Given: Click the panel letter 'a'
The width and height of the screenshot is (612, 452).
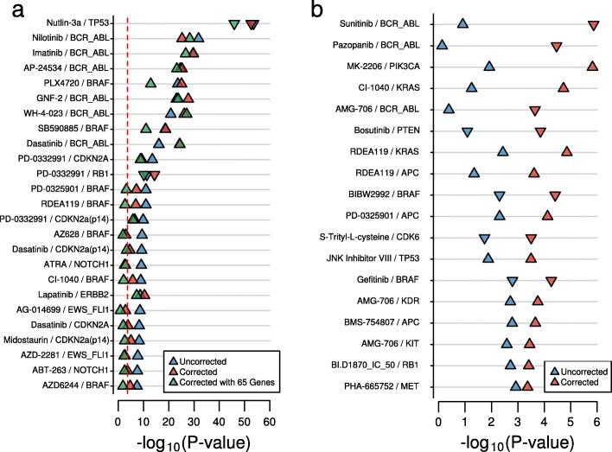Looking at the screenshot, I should [8, 10].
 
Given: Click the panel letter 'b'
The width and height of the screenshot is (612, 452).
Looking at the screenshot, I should [319, 10].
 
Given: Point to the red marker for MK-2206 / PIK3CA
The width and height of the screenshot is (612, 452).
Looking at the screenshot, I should [592, 66].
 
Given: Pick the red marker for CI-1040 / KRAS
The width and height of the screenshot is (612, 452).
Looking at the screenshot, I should [563, 86].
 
